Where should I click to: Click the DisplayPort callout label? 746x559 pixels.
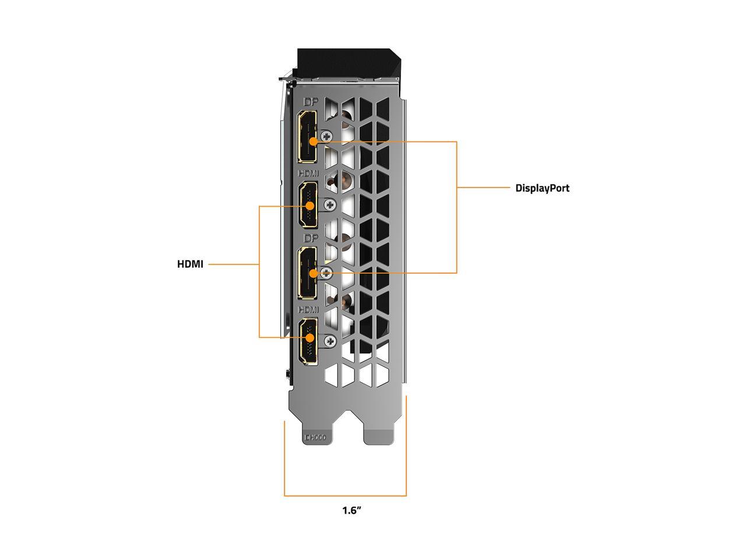[x=542, y=188]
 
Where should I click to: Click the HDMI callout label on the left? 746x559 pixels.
[x=190, y=264]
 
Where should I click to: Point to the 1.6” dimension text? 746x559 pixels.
[x=352, y=511]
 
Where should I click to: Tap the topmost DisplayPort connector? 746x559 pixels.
[x=307, y=137]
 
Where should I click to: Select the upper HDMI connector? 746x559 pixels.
[x=307, y=205]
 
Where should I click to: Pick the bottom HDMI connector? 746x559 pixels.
[x=307, y=342]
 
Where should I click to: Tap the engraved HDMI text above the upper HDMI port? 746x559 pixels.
[x=308, y=174]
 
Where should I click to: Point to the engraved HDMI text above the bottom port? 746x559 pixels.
[x=308, y=309]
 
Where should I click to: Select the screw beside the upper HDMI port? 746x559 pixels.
[x=330, y=204]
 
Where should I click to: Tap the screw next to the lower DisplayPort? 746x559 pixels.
[x=327, y=272]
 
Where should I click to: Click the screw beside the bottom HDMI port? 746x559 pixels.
[x=330, y=341]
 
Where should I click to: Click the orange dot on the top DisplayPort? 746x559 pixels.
[x=314, y=141]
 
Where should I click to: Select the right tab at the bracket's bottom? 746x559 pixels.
[x=379, y=436]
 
